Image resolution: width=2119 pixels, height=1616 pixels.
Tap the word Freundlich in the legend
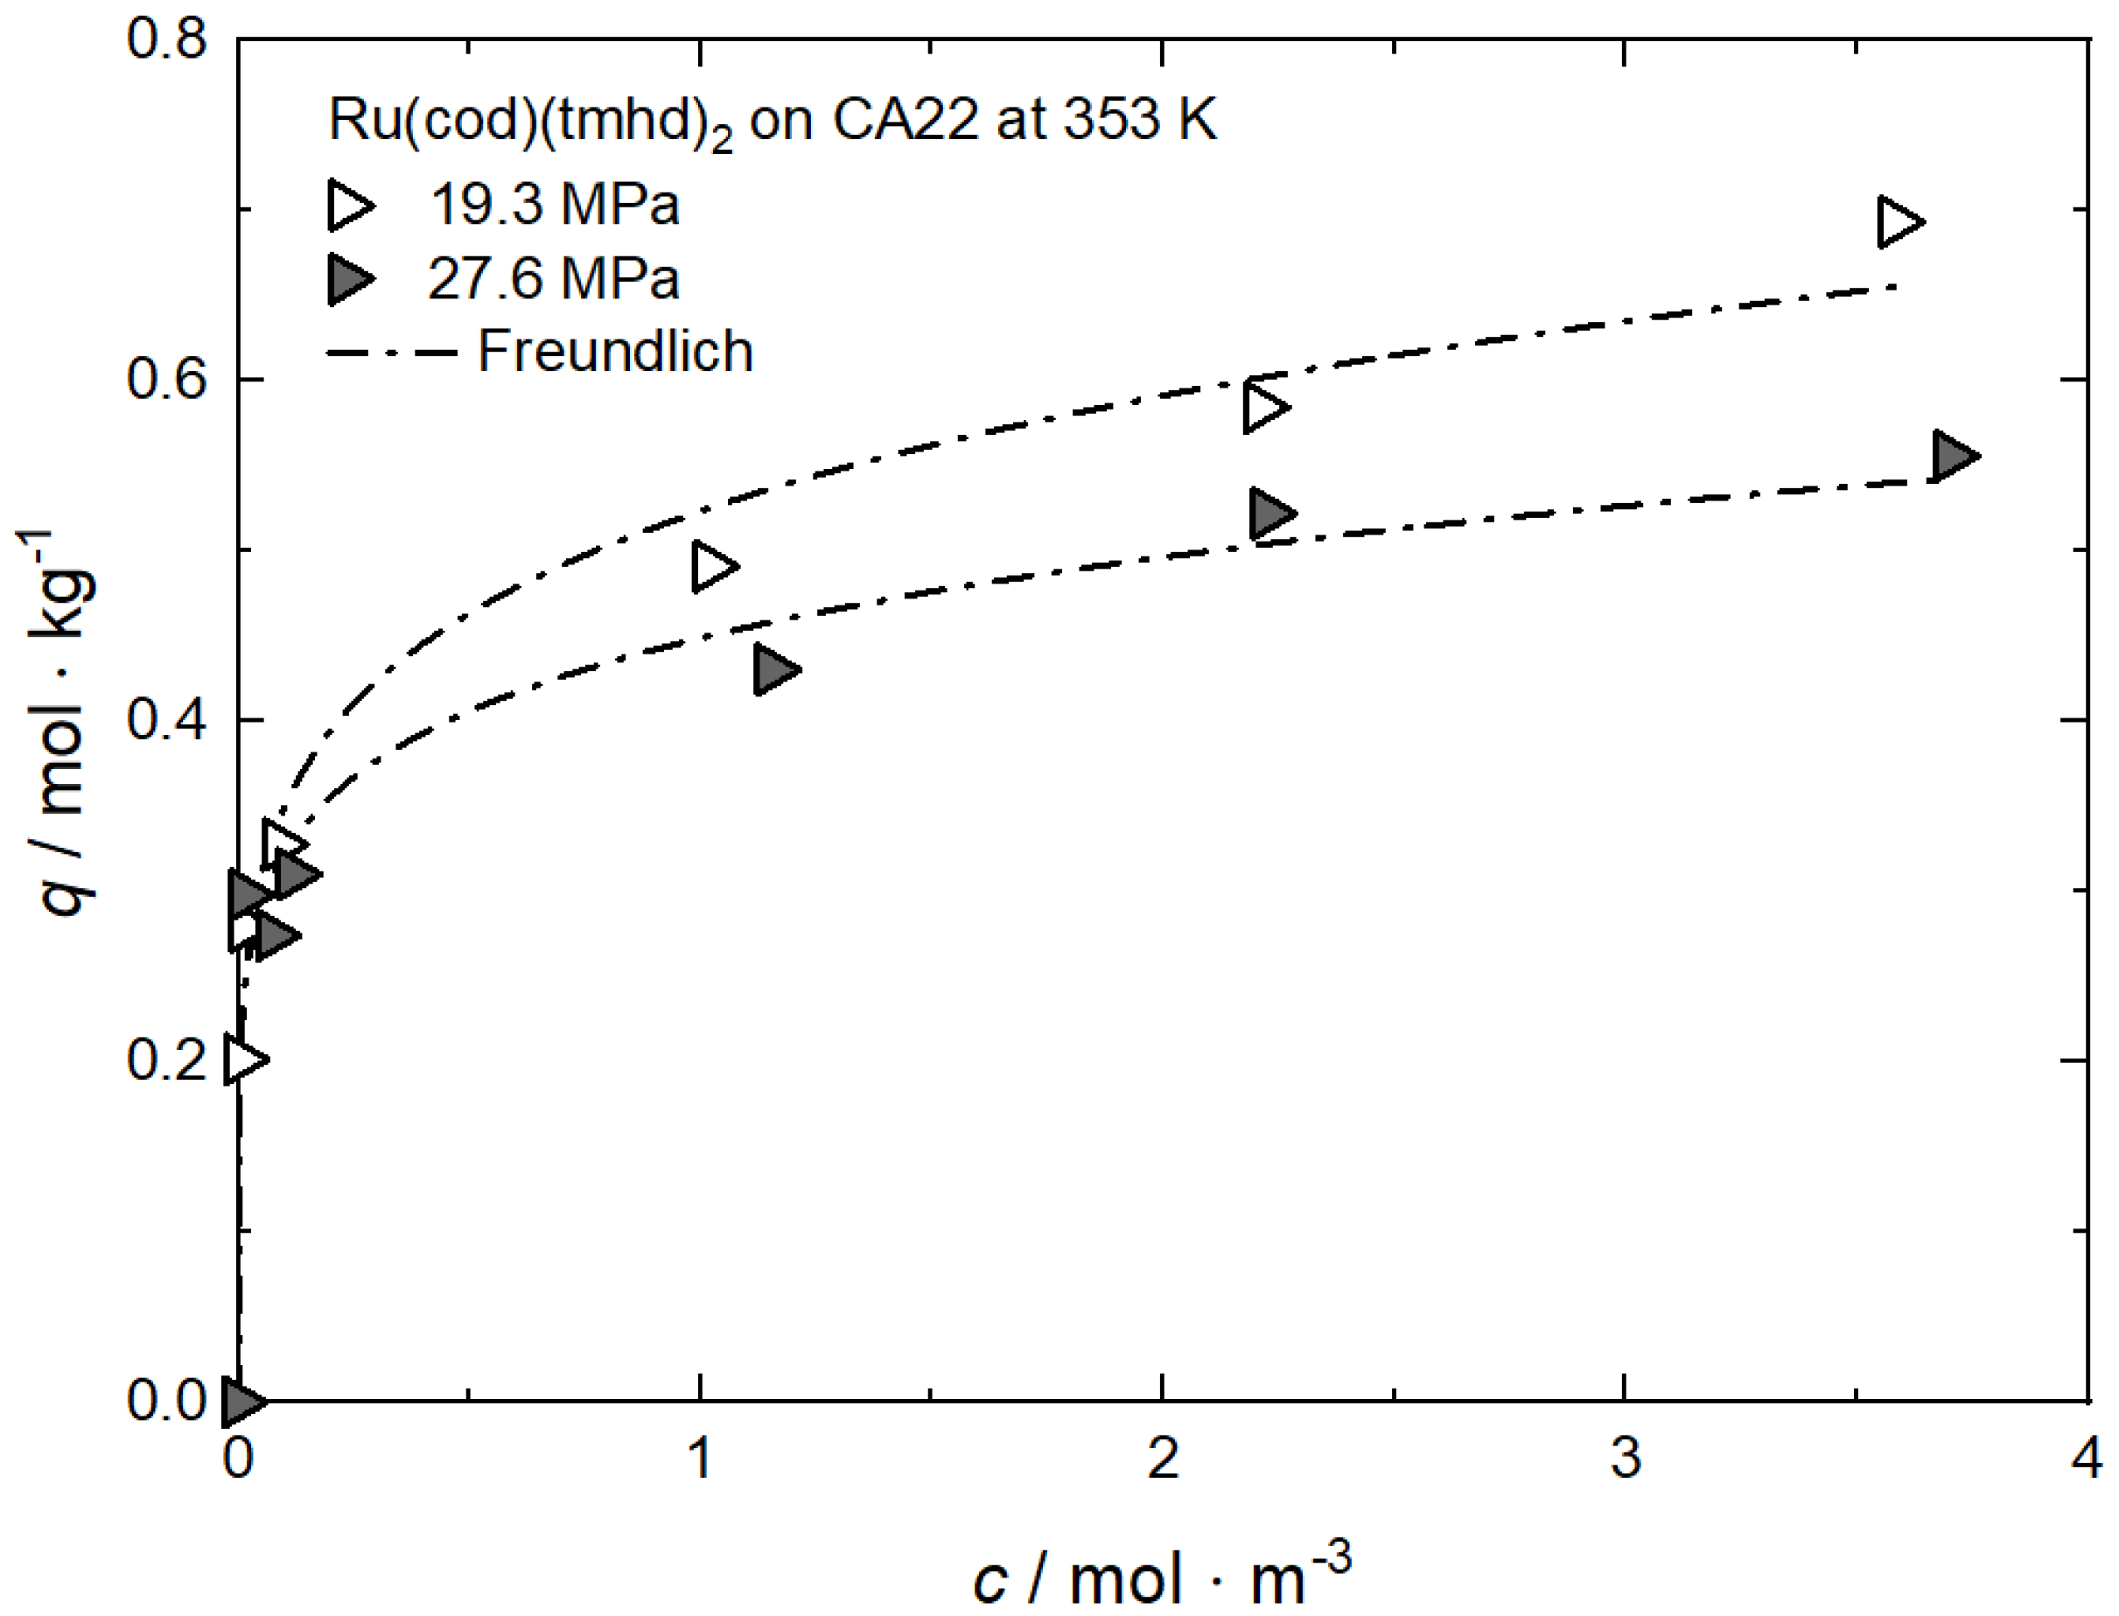[616, 351]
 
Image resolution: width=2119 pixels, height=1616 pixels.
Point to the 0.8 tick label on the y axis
[167, 40]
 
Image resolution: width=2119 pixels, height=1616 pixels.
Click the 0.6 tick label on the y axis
[167, 380]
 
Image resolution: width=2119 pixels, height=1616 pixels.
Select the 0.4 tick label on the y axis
[167, 720]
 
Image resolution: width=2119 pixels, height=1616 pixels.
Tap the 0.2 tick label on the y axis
[167, 1061]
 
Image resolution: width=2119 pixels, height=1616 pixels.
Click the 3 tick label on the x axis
[1626, 1459]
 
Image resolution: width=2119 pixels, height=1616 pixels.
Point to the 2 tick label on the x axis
[1164, 1459]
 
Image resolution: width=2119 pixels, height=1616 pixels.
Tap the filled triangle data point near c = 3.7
[1953, 456]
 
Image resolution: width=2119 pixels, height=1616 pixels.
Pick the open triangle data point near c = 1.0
[713, 565]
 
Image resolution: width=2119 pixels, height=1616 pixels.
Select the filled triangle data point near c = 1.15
[774, 669]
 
